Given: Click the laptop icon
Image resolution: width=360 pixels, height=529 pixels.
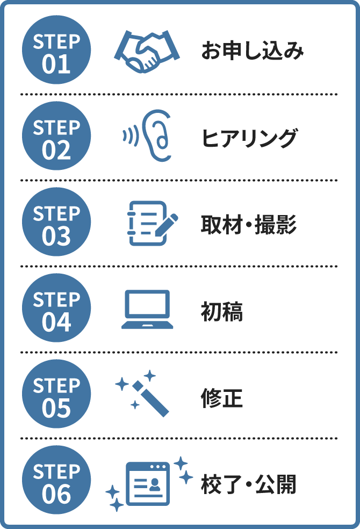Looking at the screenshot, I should click(147, 309).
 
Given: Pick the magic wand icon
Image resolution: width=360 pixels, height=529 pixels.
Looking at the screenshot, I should click(144, 393).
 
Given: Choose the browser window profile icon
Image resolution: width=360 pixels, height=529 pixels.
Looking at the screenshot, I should click(147, 483).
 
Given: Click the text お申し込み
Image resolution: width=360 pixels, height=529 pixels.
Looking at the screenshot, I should click(252, 51).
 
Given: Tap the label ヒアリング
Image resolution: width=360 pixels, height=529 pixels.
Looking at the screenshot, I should click(249, 138).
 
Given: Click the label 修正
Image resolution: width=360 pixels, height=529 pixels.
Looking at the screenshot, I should click(222, 398).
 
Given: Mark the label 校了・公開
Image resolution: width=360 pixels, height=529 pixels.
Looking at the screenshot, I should click(248, 484).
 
